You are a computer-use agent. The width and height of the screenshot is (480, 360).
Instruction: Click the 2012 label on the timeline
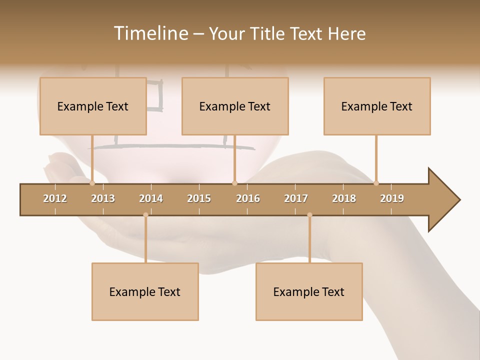point(55,198)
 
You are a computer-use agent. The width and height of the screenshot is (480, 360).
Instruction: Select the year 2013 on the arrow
point(103,198)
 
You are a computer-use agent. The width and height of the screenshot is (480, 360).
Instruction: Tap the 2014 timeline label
point(151,198)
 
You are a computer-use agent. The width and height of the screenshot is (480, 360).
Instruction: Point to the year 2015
point(199,198)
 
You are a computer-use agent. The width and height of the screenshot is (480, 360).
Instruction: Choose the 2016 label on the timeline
point(248,198)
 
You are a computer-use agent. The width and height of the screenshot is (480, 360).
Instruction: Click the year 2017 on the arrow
point(296,198)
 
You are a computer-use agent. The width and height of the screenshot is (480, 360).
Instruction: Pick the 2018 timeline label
point(344,198)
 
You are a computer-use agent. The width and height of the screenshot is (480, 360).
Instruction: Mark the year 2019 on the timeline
point(392,198)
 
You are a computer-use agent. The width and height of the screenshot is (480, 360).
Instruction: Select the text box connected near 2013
point(93,106)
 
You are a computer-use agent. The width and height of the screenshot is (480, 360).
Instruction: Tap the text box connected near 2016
point(235,106)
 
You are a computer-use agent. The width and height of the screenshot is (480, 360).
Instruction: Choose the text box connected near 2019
point(377,106)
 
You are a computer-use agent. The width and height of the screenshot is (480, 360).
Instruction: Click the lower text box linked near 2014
point(145,291)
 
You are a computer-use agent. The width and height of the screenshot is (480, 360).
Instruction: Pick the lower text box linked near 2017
point(309,291)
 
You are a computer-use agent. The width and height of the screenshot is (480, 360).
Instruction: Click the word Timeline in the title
point(150,33)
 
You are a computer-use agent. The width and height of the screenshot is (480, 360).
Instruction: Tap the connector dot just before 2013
point(92,183)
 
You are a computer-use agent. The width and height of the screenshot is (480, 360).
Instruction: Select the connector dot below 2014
point(145,214)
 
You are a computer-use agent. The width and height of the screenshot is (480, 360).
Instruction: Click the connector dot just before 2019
point(376,183)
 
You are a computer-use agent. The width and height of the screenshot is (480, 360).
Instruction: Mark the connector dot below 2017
point(309,214)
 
